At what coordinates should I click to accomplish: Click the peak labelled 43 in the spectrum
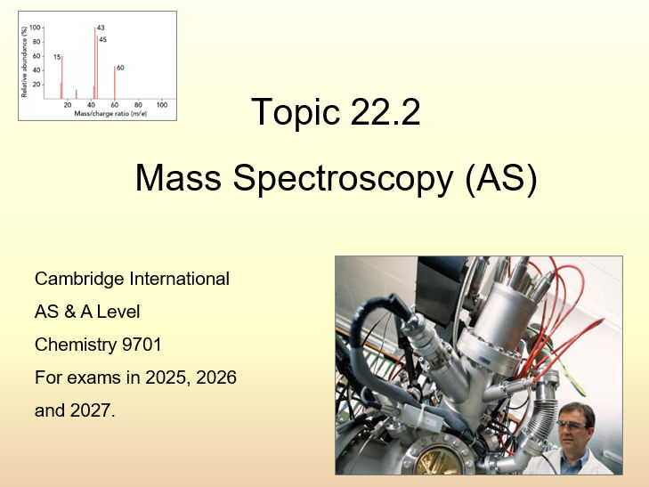pos(95,62)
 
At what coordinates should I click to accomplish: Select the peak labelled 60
pos(115,82)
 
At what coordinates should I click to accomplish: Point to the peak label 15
pos(56,57)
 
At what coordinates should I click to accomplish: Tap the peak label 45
pos(102,39)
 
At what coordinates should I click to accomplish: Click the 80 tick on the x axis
pos(138,105)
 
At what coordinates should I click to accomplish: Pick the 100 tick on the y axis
pos(35,28)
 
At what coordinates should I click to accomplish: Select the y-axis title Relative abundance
pos(24,61)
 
